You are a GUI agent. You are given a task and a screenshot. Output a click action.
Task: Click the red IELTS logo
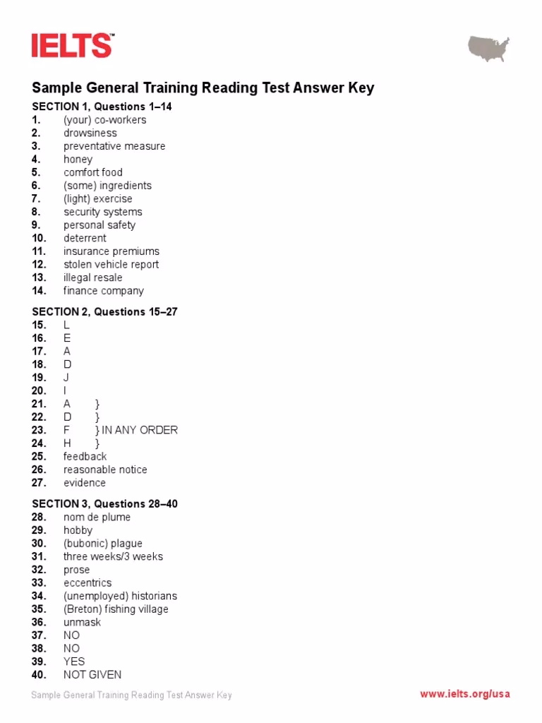coord(72,45)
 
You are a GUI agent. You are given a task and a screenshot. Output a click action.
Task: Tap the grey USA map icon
coord(488,49)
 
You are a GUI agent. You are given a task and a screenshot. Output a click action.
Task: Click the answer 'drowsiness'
coord(90,133)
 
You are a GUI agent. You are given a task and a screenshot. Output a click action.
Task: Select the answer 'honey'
coord(78,160)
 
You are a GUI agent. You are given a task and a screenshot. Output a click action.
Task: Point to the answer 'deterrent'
coord(85,238)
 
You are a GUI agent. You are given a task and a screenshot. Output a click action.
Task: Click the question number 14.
coord(39,291)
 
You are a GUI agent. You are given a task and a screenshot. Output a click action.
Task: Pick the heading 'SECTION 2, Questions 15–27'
coord(104,311)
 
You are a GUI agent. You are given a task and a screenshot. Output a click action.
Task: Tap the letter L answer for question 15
coord(67,325)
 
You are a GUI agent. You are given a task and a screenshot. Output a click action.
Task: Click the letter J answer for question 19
coord(66,378)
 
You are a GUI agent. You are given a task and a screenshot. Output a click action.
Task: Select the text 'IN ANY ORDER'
coord(140,430)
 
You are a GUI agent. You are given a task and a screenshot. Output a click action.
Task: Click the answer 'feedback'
coord(85,456)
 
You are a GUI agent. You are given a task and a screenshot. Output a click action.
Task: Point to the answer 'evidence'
coord(85,483)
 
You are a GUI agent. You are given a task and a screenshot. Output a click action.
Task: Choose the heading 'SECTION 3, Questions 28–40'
coord(104,503)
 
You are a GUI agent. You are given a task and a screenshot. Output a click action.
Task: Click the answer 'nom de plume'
coord(97,517)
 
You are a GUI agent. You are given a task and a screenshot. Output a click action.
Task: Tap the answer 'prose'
coord(77,570)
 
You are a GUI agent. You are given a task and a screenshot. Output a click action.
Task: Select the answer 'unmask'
coord(82,622)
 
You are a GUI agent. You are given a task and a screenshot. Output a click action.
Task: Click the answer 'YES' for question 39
coord(74,662)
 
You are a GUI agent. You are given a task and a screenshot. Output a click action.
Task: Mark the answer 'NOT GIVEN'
coord(92,675)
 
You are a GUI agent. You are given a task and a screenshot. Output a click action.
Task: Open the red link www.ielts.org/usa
coord(465,694)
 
